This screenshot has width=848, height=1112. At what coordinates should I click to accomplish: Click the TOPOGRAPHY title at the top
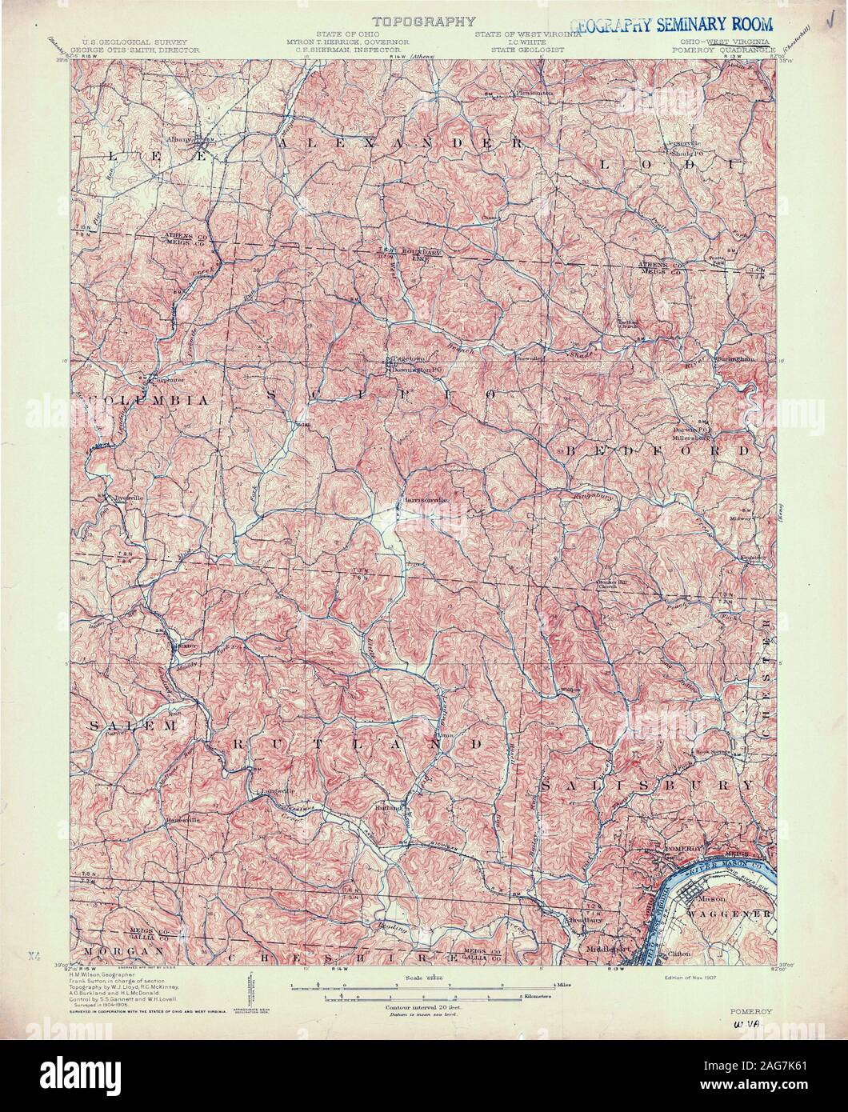423,22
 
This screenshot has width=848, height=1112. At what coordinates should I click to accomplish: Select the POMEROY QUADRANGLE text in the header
726,48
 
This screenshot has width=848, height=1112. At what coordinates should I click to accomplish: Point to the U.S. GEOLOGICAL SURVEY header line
131,40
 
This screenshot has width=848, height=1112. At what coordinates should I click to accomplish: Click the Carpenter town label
165,380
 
